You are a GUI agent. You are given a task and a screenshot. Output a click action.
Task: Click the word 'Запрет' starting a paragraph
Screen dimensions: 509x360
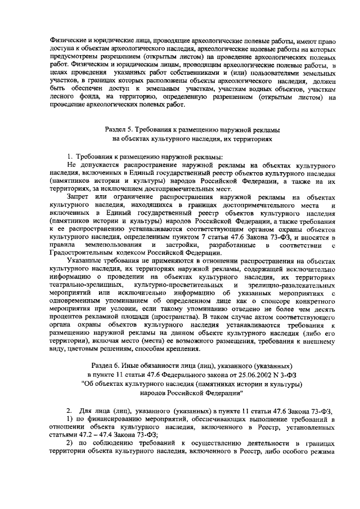coord(78,198)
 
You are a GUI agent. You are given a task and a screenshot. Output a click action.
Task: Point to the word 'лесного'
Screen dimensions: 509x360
coord(62,96)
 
